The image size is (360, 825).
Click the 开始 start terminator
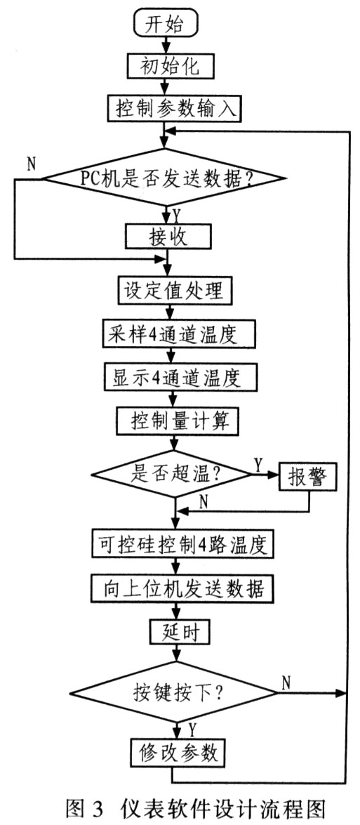166,24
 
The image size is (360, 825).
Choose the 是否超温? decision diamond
171,474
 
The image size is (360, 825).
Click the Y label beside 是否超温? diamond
258,465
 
